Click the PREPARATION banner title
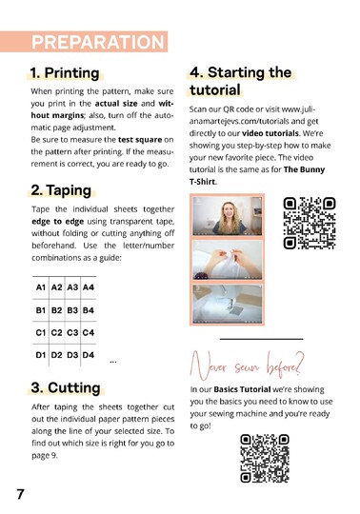[x=98, y=42]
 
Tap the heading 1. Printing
[x=65, y=72]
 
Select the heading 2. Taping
[x=61, y=190]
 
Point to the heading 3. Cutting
[x=66, y=387]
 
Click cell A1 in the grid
[x=41, y=287]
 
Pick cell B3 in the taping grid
[x=72, y=310]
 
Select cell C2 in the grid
[x=56, y=333]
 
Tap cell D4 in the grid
[x=89, y=355]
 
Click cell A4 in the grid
[x=89, y=287]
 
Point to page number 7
[x=20, y=494]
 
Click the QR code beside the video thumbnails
[x=310, y=223]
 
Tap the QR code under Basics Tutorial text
[x=265, y=458]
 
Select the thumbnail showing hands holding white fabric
[x=228, y=260]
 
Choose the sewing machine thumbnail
[x=228, y=304]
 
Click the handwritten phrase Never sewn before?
[x=248, y=366]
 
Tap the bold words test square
[x=140, y=140]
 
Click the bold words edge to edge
[x=58, y=222]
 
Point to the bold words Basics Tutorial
[x=242, y=389]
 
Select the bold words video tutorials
[x=270, y=133]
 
